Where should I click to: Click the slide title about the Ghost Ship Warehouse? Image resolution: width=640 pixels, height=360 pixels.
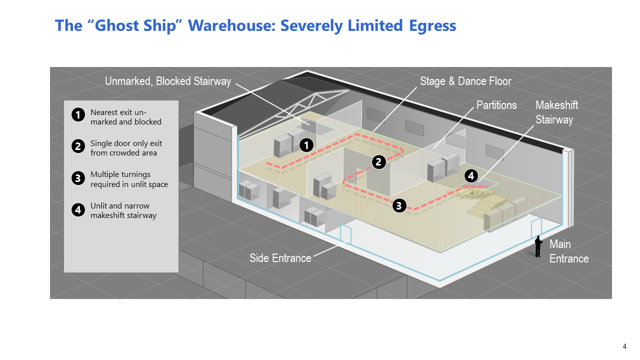tap(255, 25)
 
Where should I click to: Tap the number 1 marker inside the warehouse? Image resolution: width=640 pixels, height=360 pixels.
tap(306, 145)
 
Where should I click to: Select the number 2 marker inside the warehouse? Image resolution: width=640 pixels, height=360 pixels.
tap(379, 161)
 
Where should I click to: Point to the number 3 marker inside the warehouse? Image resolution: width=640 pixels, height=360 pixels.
tap(399, 205)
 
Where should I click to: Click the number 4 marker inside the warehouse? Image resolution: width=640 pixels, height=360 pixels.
tap(470, 175)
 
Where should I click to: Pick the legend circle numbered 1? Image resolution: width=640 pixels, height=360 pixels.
tap(78, 115)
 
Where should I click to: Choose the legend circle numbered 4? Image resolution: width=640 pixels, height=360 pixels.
tap(78, 210)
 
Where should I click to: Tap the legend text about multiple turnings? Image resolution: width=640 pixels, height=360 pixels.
tap(129, 179)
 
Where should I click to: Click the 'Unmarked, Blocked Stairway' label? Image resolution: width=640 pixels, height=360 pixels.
tap(168, 81)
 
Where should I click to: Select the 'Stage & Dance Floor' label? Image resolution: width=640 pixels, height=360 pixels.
tap(465, 81)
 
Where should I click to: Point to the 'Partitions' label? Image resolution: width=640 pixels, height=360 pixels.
tap(496, 105)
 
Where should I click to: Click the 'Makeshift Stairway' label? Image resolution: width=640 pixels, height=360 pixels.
tap(556, 112)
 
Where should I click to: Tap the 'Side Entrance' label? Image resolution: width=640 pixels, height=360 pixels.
tap(280, 258)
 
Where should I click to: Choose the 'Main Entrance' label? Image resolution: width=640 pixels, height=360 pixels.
tap(568, 251)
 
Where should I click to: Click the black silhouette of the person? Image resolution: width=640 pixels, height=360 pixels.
tap(538, 246)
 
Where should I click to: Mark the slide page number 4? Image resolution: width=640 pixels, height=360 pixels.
tap(624, 346)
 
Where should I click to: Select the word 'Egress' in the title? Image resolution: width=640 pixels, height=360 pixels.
tap(431, 25)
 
